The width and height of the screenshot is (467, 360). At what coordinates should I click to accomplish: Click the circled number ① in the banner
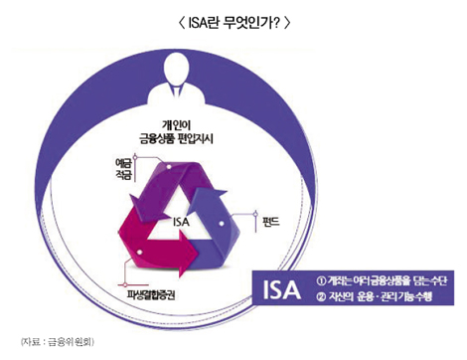tap(320, 278)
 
